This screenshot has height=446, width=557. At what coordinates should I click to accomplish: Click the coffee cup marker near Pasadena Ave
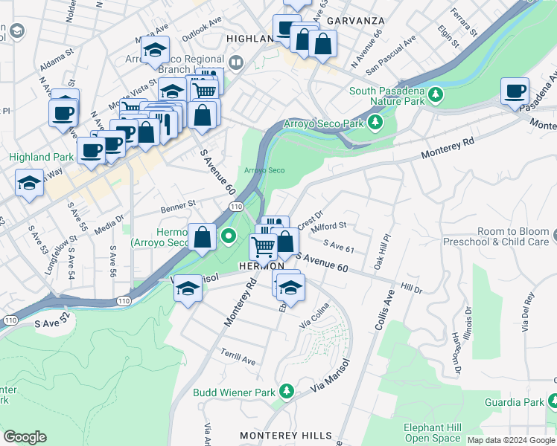click(x=515, y=91)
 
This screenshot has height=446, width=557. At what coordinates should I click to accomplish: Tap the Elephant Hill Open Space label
click(x=433, y=433)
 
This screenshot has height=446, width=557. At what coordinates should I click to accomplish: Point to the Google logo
click(x=25, y=437)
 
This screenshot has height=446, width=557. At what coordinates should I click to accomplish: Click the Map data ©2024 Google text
click(x=511, y=440)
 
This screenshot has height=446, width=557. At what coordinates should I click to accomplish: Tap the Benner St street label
click(x=179, y=202)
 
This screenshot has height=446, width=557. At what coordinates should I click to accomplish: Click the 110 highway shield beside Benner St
click(x=236, y=206)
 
